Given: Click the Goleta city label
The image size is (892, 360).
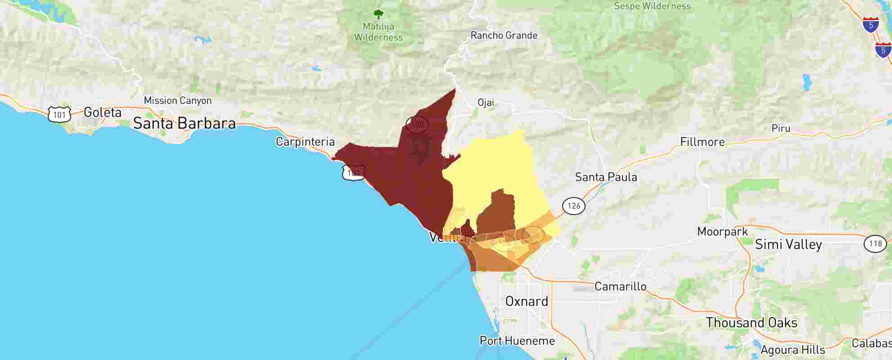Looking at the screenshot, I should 103,112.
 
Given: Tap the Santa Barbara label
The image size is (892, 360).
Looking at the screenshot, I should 184,123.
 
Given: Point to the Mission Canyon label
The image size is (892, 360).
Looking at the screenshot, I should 177,100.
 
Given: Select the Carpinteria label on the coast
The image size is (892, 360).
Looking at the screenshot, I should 305,142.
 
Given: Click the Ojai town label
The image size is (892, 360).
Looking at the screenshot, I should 486,103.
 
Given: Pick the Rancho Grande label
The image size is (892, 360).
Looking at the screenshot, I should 504,36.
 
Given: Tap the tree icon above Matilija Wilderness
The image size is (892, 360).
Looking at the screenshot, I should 378,15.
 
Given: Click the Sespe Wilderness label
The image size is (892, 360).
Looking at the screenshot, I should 652,6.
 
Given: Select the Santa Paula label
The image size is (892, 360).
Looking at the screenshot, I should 606,177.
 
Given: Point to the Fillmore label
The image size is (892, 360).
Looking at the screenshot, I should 702,142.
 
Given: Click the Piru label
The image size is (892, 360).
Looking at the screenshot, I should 781,128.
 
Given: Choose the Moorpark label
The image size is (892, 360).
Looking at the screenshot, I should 722,232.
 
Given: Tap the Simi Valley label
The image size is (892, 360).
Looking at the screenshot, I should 788,244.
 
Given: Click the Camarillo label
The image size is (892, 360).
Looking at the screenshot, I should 620,286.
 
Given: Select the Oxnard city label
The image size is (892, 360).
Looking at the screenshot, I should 527,301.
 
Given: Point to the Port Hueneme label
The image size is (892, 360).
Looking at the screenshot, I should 517,341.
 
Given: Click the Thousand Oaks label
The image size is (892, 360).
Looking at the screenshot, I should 751,323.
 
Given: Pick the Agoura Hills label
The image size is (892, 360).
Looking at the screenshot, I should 793,350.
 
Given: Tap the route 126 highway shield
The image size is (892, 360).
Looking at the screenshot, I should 573,206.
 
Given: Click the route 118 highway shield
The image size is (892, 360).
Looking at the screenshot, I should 875,244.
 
